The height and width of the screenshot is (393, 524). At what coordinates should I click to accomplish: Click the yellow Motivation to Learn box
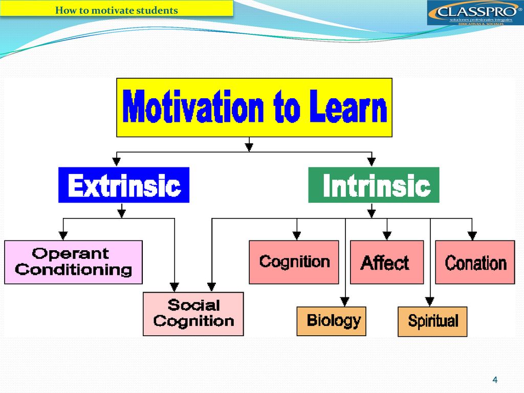(x=254, y=107)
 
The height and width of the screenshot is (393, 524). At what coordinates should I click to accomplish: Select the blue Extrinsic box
(x=124, y=185)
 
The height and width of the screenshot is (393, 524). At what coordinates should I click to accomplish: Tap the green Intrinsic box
(x=374, y=185)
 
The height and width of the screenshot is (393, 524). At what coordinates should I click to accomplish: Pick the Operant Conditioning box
(x=73, y=262)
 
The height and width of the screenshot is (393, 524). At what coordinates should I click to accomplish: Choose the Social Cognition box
(x=193, y=314)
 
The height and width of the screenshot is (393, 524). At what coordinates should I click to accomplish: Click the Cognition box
(x=294, y=262)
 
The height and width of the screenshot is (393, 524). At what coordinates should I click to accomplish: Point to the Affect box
(x=387, y=262)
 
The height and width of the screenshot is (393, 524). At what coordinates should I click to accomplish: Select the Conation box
(x=475, y=262)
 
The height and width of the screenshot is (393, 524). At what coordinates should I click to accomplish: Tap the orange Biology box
(x=331, y=321)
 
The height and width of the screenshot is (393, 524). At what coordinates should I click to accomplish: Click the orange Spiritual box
(x=432, y=321)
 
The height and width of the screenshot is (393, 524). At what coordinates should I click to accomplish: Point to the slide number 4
(x=495, y=380)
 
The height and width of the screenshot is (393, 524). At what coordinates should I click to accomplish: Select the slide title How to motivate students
(x=116, y=10)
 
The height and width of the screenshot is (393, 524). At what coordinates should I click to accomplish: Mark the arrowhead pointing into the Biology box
(x=345, y=302)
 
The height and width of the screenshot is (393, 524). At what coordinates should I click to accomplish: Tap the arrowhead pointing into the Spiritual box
(x=430, y=302)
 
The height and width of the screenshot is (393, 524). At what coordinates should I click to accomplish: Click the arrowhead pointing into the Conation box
(x=472, y=235)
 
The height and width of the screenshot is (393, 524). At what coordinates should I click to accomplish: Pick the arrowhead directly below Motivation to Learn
(x=249, y=147)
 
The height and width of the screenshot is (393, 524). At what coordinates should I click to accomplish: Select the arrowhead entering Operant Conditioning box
(x=63, y=235)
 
